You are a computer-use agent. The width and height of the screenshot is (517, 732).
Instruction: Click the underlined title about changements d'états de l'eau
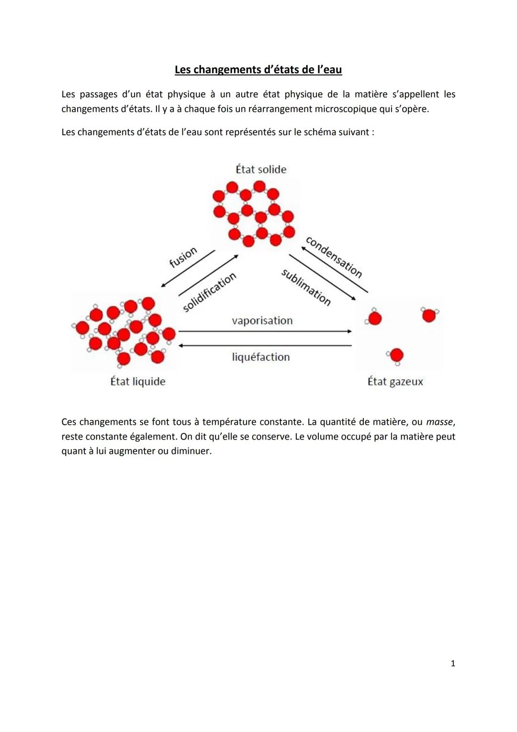click(258, 70)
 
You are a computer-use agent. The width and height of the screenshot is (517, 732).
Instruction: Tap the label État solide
click(261, 169)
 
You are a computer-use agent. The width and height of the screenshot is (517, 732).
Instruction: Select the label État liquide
click(138, 382)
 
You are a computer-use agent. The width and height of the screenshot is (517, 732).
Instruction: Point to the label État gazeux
click(395, 382)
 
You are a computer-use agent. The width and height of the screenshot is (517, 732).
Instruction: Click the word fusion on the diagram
click(183, 257)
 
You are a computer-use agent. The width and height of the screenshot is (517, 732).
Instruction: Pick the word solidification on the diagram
click(210, 292)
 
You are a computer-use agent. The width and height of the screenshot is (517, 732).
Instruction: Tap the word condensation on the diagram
click(334, 257)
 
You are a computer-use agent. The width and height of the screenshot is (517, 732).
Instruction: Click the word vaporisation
click(262, 321)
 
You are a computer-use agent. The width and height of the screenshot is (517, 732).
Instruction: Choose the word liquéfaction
click(261, 357)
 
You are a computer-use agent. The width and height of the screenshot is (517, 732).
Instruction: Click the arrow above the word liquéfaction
click(265, 345)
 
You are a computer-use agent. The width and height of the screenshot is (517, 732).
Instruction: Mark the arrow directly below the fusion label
click(188, 268)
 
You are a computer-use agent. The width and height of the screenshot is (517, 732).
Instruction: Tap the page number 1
click(453, 663)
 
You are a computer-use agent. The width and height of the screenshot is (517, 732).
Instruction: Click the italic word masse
click(439, 422)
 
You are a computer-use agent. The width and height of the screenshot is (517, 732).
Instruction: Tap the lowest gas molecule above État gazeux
click(396, 356)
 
